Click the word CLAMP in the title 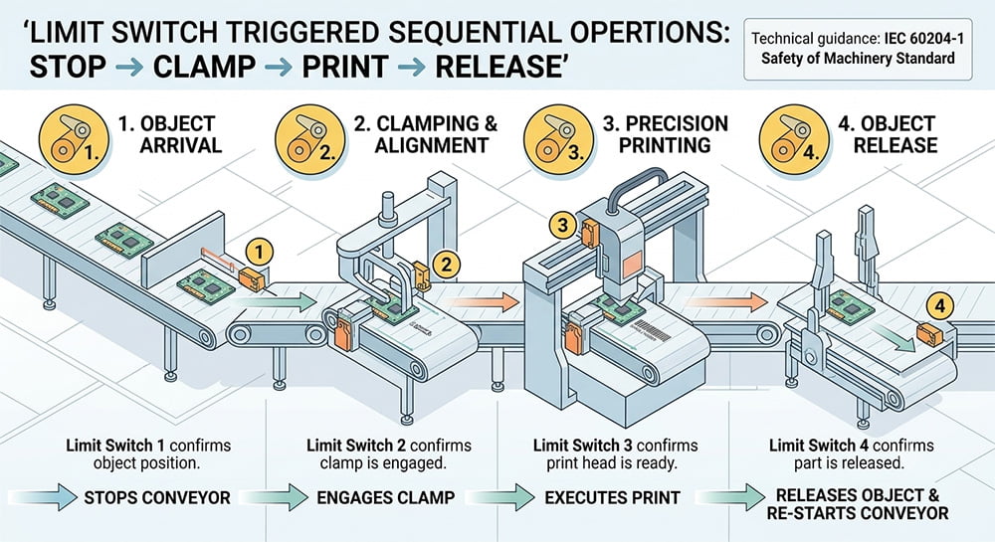tap(204, 66)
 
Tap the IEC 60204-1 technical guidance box tap(858, 49)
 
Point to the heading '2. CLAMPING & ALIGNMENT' tap(426, 134)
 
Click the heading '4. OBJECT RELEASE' tap(888, 134)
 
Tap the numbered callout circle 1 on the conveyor tap(259, 253)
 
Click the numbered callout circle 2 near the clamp tap(446, 264)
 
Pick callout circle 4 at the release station tap(940, 307)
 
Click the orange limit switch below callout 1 tap(252, 278)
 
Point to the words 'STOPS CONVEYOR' tap(157, 497)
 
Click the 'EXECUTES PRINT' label tap(612, 497)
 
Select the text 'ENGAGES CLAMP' tap(386, 497)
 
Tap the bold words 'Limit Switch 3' tap(575, 446)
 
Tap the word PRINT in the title tap(344, 66)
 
